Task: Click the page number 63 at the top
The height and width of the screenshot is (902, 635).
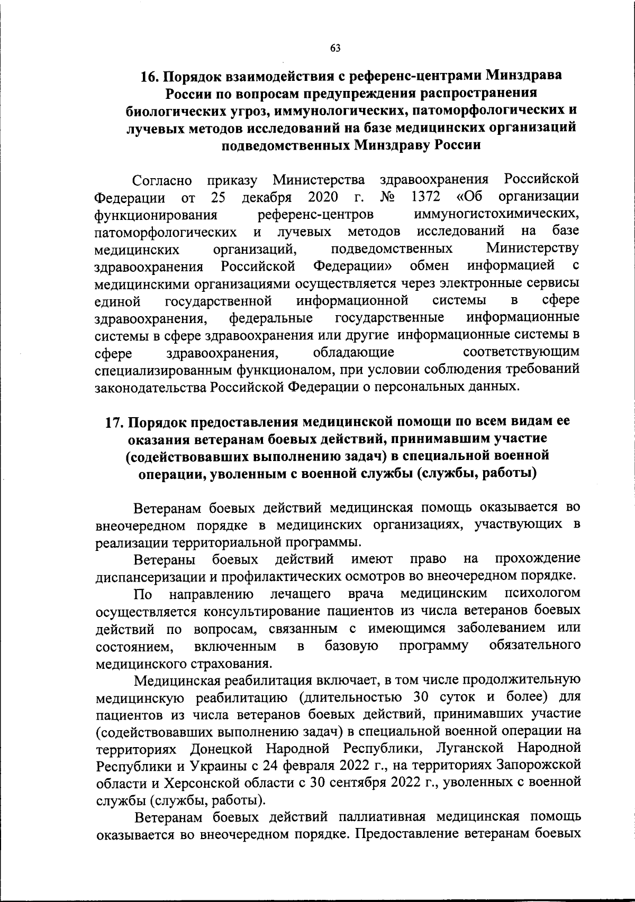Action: [x=335, y=48]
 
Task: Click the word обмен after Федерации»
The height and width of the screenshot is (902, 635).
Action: [x=430, y=265]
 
